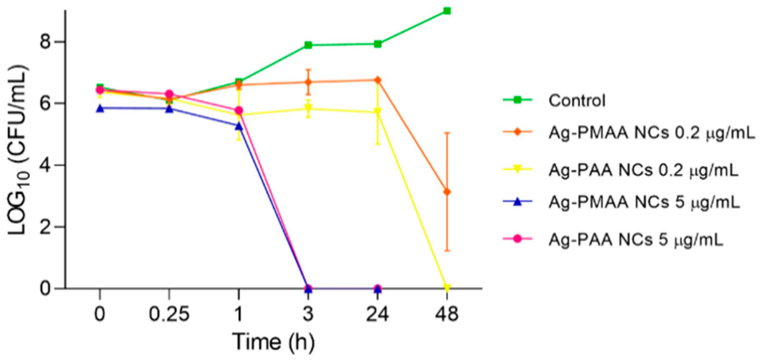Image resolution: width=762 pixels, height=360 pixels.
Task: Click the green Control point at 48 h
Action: click(447, 11)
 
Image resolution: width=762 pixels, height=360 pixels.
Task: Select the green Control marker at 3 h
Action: click(308, 45)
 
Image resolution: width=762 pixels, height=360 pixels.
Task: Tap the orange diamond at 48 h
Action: click(447, 192)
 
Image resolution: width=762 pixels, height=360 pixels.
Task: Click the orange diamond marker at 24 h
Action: click(377, 80)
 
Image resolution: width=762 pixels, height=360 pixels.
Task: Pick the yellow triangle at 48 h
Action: click(447, 287)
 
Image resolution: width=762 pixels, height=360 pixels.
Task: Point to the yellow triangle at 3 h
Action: click(308, 109)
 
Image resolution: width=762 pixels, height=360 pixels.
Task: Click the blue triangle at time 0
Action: click(100, 108)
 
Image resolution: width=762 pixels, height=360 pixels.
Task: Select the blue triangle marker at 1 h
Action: click(238, 126)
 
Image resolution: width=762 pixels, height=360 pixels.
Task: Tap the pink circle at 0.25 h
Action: click(169, 94)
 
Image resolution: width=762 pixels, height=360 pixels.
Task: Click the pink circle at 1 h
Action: click(238, 110)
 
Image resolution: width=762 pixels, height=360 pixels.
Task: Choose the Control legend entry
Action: click(577, 100)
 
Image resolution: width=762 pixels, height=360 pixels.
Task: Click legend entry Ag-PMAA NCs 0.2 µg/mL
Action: click(651, 133)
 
